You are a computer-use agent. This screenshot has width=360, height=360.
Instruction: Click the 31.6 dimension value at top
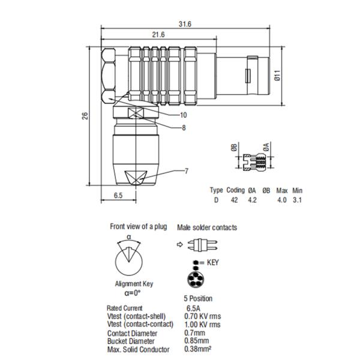tap(184, 24)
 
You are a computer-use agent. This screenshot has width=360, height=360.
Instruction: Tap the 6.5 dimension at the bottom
tap(118, 196)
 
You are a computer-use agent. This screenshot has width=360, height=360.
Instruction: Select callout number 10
tap(183, 114)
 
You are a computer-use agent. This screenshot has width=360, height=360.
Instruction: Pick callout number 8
tap(183, 127)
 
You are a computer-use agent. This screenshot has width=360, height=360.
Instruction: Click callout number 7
tap(186, 171)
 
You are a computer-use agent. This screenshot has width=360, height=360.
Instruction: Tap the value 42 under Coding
tap(234, 200)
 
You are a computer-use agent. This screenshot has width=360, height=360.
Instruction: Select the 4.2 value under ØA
tap(252, 200)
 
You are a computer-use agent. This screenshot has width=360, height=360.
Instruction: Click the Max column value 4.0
tap(281, 200)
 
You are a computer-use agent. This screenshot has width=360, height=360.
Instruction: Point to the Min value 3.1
tap(297, 200)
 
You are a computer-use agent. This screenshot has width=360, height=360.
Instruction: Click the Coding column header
tap(235, 190)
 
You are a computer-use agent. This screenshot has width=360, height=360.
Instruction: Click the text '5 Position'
tap(197, 298)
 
